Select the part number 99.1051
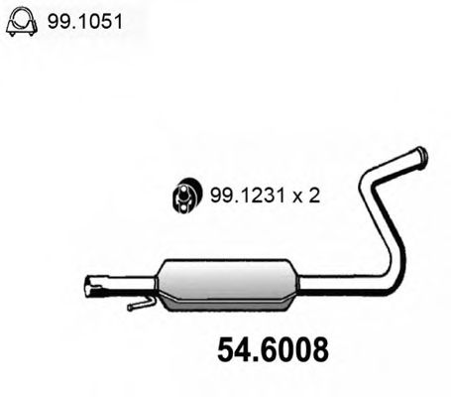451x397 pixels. [x=85, y=22]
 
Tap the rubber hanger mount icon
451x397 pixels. [x=185, y=196]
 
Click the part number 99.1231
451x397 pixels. [x=248, y=196]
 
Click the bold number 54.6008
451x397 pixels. [x=273, y=349]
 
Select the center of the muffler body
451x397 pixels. [x=227, y=285]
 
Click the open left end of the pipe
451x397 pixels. [x=89, y=286]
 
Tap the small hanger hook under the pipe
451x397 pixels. [x=142, y=303]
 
